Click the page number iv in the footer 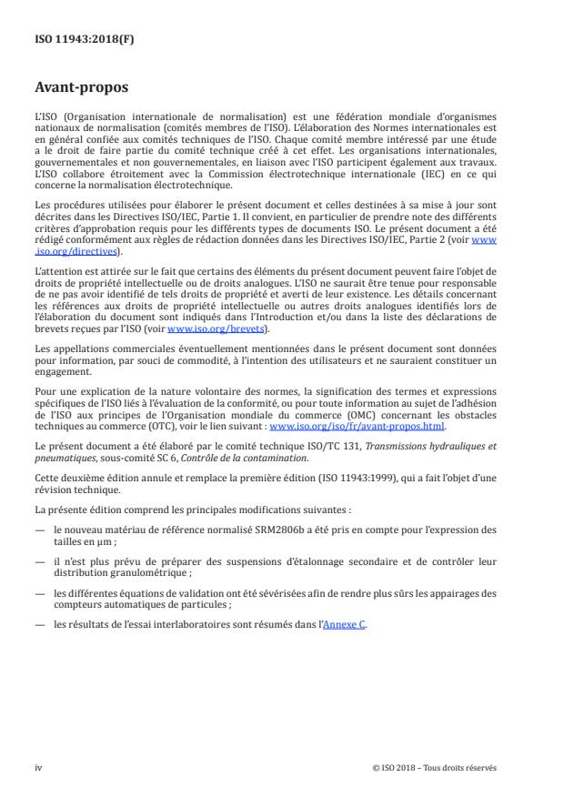(x=39, y=767)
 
